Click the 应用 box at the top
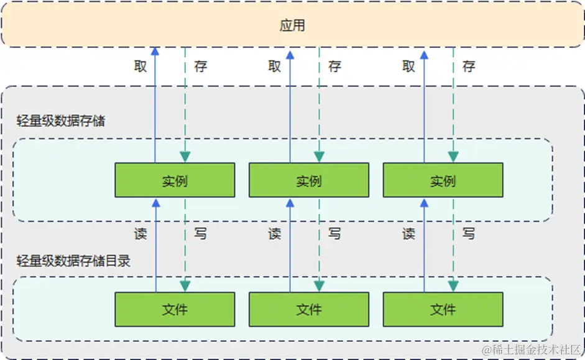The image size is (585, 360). pos(292,25)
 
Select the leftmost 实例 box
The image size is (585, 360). pos(175,180)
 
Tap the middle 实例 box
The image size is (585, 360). pos(309,180)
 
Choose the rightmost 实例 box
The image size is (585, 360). pos(443,180)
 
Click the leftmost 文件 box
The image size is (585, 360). pos(175,309)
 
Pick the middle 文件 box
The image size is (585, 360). pos(309,309)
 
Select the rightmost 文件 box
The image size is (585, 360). pos(443,309)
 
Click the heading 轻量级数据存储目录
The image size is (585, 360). pos(73,261)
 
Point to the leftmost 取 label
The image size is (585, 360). pos(140,66)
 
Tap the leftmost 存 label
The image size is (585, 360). pos(200,66)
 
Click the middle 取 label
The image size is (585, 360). pos(275,66)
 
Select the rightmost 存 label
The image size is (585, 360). pos(469,66)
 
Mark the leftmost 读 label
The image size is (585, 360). pos(140,234)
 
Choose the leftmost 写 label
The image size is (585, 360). pos(200,234)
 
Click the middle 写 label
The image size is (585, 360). pos(334,234)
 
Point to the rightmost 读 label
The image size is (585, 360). pos(408,234)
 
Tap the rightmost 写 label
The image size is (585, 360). pos(469,234)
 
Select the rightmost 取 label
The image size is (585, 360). pos(408,66)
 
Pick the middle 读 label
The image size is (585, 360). pos(275,234)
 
